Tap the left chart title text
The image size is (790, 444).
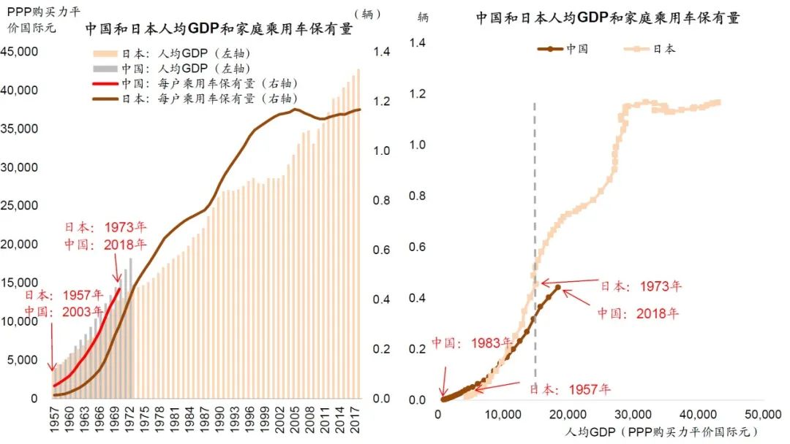pos(219,29)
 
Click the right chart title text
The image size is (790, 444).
pos(608,18)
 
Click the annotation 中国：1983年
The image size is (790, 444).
pos(467,342)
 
